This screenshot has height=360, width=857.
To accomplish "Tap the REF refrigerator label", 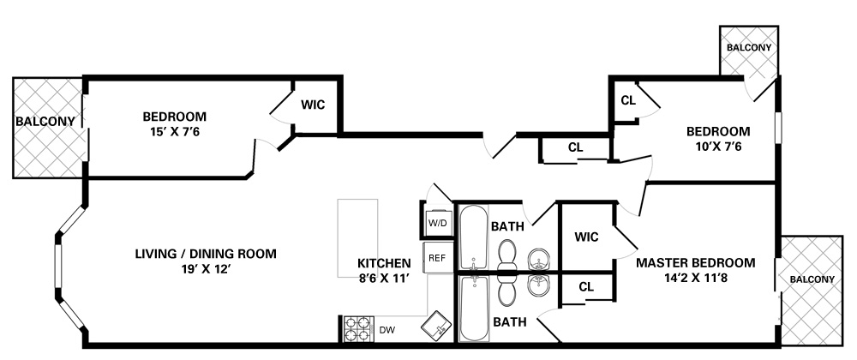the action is [437, 258].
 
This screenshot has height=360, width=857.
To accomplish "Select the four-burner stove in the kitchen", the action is [358, 329].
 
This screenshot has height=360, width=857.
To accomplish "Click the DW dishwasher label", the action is [387, 330].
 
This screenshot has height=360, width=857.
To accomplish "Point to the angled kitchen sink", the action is [437, 326].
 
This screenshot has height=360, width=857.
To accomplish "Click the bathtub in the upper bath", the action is [473, 238].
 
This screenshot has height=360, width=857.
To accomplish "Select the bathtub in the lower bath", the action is [473, 308].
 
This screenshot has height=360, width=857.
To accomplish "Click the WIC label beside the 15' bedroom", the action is [313, 105].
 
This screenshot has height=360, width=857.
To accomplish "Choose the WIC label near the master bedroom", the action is [586, 237].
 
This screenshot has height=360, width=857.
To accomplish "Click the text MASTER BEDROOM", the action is [695, 263].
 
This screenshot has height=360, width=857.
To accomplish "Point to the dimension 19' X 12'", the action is [206, 269].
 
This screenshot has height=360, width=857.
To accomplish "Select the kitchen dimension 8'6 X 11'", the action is [384, 278].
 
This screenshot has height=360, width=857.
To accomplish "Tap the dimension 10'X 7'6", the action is [718, 147].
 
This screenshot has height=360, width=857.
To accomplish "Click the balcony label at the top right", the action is [749, 47].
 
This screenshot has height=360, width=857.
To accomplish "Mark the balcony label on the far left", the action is [45, 121].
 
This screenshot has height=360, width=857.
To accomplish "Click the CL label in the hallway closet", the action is [576, 147].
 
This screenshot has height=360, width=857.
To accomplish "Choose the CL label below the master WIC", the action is [586, 287].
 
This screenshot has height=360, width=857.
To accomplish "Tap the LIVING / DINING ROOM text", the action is [206, 254].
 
